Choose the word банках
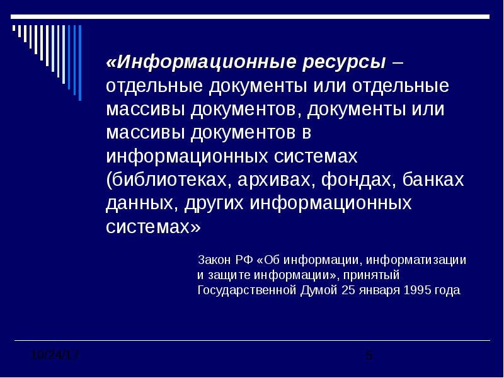[x=433, y=180]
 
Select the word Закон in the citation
[x=214, y=260]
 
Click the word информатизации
[x=416, y=260]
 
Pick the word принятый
[x=372, y=275]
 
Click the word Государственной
[x=247, y=290]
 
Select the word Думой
[x=319, y=290]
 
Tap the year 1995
[x=417, y=290]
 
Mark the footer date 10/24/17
[x=55, y=355]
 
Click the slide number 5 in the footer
[x=369, y=355]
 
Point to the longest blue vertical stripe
[x=80, y=62]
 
